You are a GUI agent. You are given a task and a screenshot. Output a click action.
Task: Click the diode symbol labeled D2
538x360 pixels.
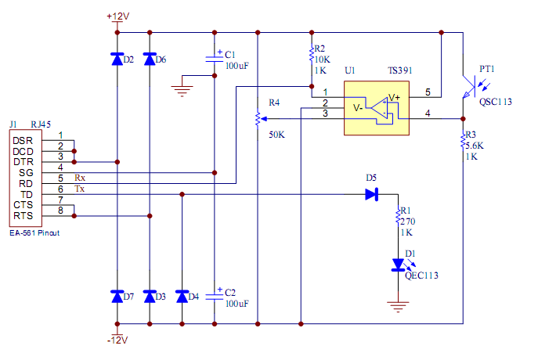117,59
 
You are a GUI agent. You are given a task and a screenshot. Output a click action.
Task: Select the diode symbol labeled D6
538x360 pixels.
150,59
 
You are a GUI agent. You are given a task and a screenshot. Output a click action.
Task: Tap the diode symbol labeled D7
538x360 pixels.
117,297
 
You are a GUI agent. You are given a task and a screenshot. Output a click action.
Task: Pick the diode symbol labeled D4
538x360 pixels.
182,297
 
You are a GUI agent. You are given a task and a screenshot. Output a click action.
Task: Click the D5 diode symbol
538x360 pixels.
373,195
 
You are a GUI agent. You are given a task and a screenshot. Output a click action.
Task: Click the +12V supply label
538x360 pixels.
117,16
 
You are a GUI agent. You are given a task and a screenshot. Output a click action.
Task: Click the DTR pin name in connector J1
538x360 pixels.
23,161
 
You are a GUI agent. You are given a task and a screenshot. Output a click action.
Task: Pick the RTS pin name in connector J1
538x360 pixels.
23,216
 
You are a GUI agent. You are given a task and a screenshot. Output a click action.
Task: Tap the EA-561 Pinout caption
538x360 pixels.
34,233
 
